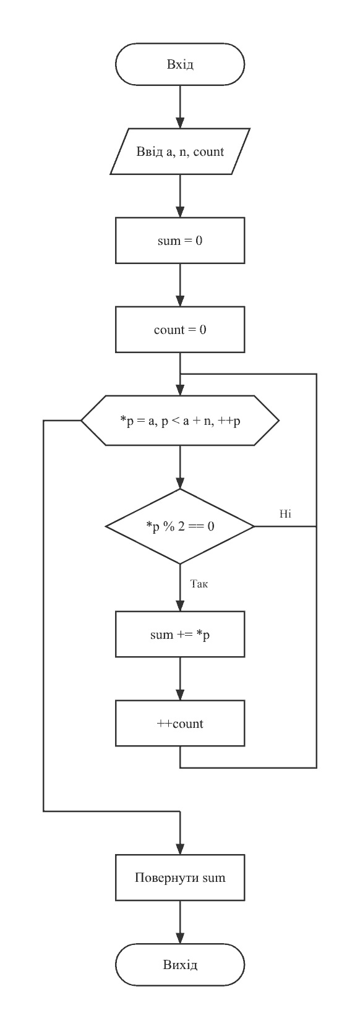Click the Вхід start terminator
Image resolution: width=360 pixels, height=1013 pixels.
180,64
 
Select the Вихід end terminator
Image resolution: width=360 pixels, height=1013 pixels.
180,965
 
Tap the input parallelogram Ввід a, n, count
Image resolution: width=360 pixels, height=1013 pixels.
180,152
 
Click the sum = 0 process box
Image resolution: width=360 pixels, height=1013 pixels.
180,241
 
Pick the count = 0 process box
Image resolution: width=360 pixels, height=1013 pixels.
180,330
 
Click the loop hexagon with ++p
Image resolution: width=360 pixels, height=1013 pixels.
180,421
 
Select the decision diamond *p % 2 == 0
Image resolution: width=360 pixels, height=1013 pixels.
180,526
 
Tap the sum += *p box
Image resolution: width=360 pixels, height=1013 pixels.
180,635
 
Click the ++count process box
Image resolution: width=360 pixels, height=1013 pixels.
180,724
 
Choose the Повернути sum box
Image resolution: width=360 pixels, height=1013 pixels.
180,878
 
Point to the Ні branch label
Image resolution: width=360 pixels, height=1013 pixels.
285,514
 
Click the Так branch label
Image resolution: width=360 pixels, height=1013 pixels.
199,584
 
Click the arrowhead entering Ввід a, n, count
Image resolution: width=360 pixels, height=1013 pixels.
180,123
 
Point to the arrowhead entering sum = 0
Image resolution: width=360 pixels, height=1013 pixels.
180,212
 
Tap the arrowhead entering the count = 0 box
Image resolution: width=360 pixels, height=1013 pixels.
180,301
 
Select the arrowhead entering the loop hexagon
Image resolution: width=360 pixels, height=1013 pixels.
180,390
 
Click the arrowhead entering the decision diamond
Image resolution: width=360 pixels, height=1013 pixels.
180,484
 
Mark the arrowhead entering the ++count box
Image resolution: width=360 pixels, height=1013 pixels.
180,695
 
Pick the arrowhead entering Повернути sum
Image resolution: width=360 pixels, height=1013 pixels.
180,849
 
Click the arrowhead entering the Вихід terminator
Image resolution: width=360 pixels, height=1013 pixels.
180,938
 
